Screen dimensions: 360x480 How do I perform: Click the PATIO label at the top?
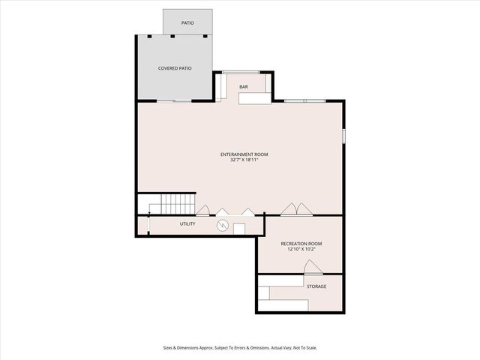coord(187,23)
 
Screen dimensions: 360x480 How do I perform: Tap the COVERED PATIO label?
coord(175,68)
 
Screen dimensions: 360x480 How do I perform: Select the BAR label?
coord(244,88)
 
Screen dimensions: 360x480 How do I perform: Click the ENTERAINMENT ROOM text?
coord(244,154)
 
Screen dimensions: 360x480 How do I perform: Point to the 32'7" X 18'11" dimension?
coord(244,160)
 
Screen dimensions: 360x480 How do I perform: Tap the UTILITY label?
coord(187,224)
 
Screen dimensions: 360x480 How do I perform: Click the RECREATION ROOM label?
coord(301,244)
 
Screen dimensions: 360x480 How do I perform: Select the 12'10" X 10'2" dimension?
coord(301,249)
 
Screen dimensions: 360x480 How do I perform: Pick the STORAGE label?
coord(316,286)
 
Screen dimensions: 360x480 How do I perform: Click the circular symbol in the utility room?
coord(222,225)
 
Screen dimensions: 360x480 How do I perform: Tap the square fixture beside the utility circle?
coord(239,229)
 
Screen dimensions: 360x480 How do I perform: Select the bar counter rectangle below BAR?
coord(255,98)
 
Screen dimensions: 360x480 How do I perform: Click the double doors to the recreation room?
coord(294,208)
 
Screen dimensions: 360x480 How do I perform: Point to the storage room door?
coord(314,268)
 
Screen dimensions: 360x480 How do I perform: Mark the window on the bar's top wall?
coord(241,72)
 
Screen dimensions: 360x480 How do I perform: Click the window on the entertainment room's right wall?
coord(344,135)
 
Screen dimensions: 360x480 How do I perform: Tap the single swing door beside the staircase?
coord(202,210)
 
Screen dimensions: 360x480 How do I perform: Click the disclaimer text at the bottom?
coord(240,347)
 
